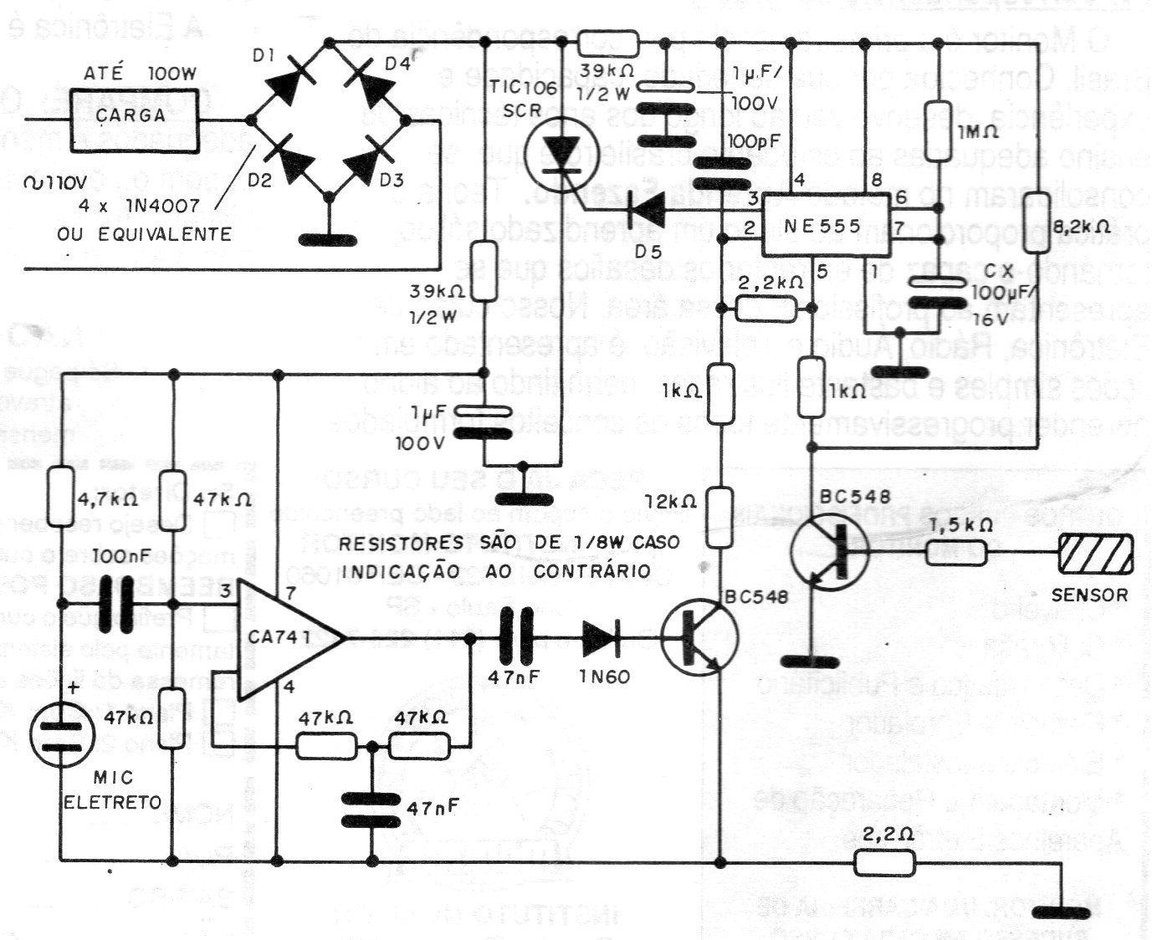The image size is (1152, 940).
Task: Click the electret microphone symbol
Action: coord(61,733)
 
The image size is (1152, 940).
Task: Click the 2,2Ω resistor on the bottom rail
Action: coord(883,863)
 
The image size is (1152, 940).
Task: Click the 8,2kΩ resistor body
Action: coord(1038,216)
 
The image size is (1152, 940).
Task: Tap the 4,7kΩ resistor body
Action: coord(61,494)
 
